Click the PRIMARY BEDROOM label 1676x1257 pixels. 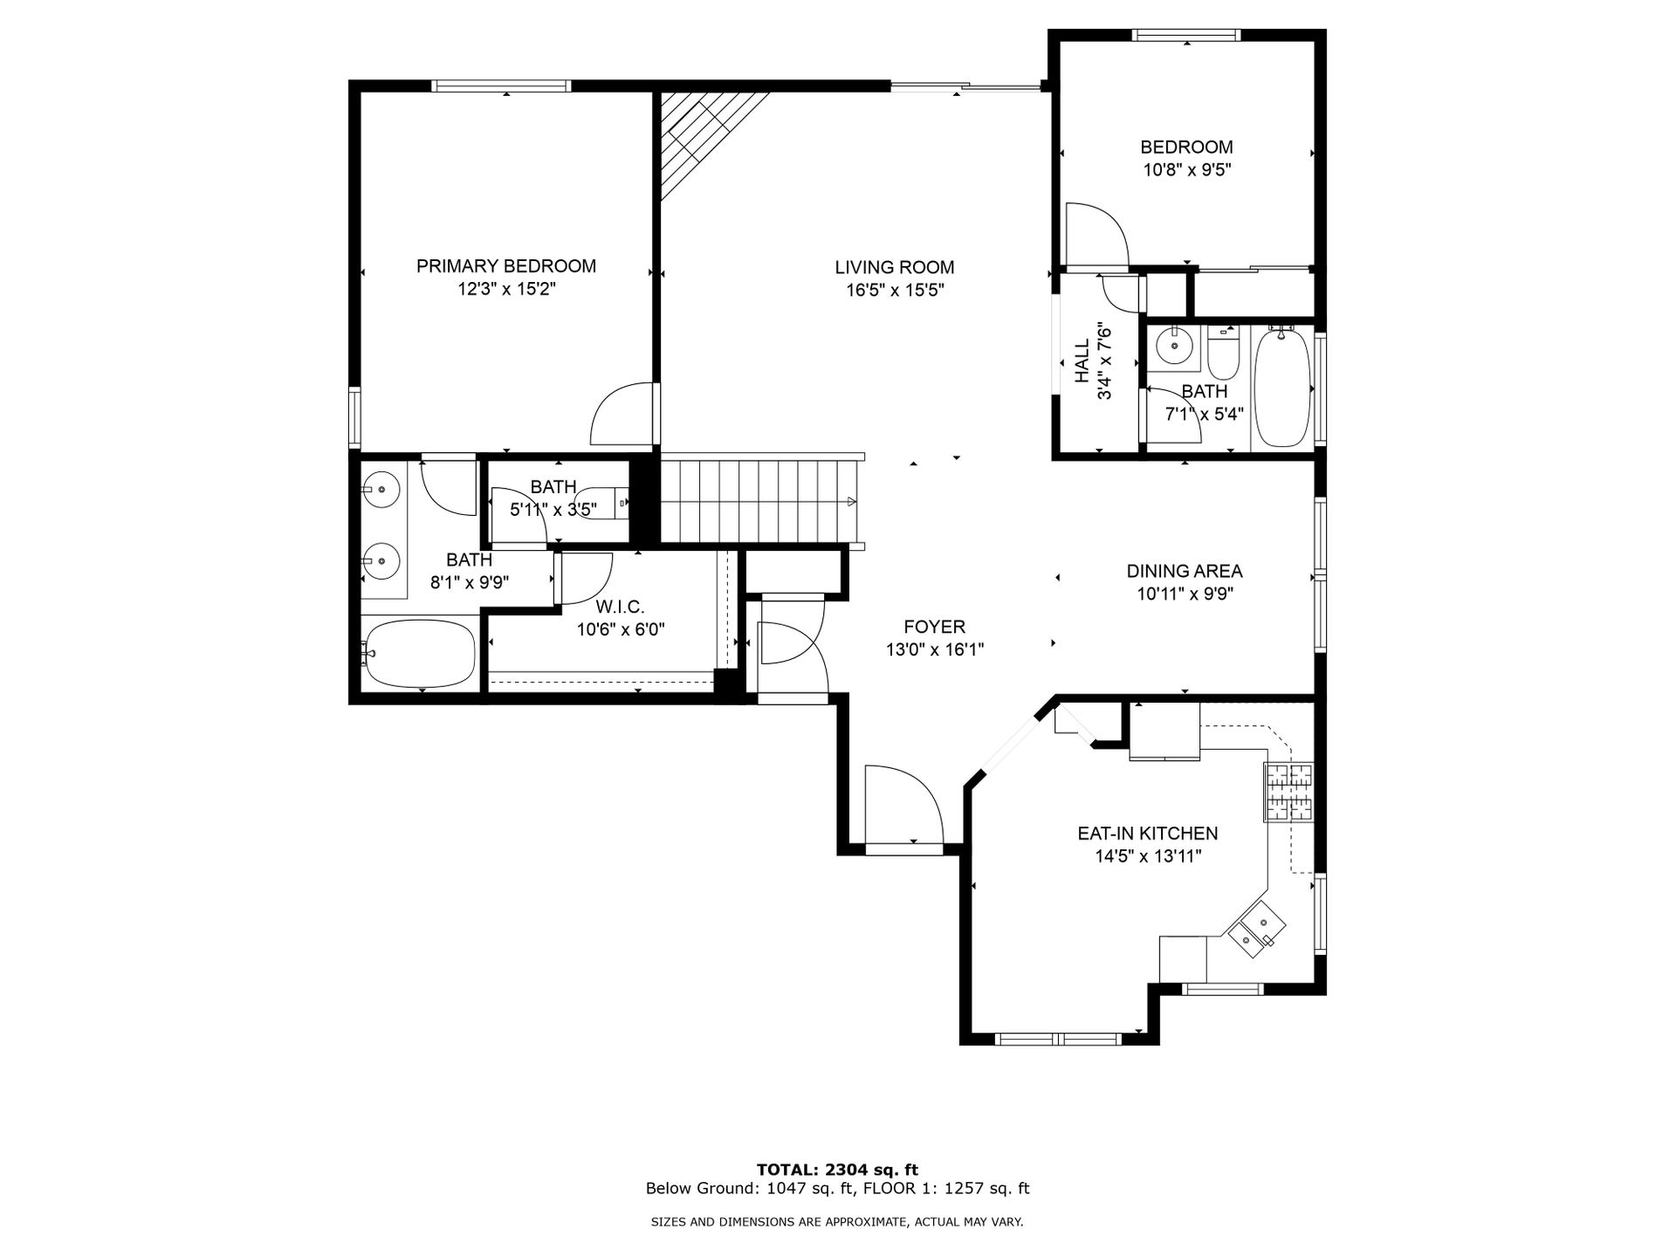pos(506,266)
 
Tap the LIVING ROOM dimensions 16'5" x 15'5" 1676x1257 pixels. pos(895,290)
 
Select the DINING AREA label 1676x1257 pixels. pos(1185,572)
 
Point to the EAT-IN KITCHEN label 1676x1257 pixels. pos(1148,834)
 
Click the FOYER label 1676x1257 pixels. pos(935,627)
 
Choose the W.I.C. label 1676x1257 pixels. pos(621,607)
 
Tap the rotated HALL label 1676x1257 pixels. pos(1082,361)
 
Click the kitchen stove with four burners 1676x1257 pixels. pos(1288,792)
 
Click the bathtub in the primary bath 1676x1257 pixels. pos(420,654)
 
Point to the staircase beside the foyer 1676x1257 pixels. pos(759,501)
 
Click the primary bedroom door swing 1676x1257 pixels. pos(622,414)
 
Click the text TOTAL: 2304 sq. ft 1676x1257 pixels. pos(837,1170)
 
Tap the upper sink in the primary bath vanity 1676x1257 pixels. pos(381,490)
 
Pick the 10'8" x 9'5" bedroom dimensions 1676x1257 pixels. pos(1187,170)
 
